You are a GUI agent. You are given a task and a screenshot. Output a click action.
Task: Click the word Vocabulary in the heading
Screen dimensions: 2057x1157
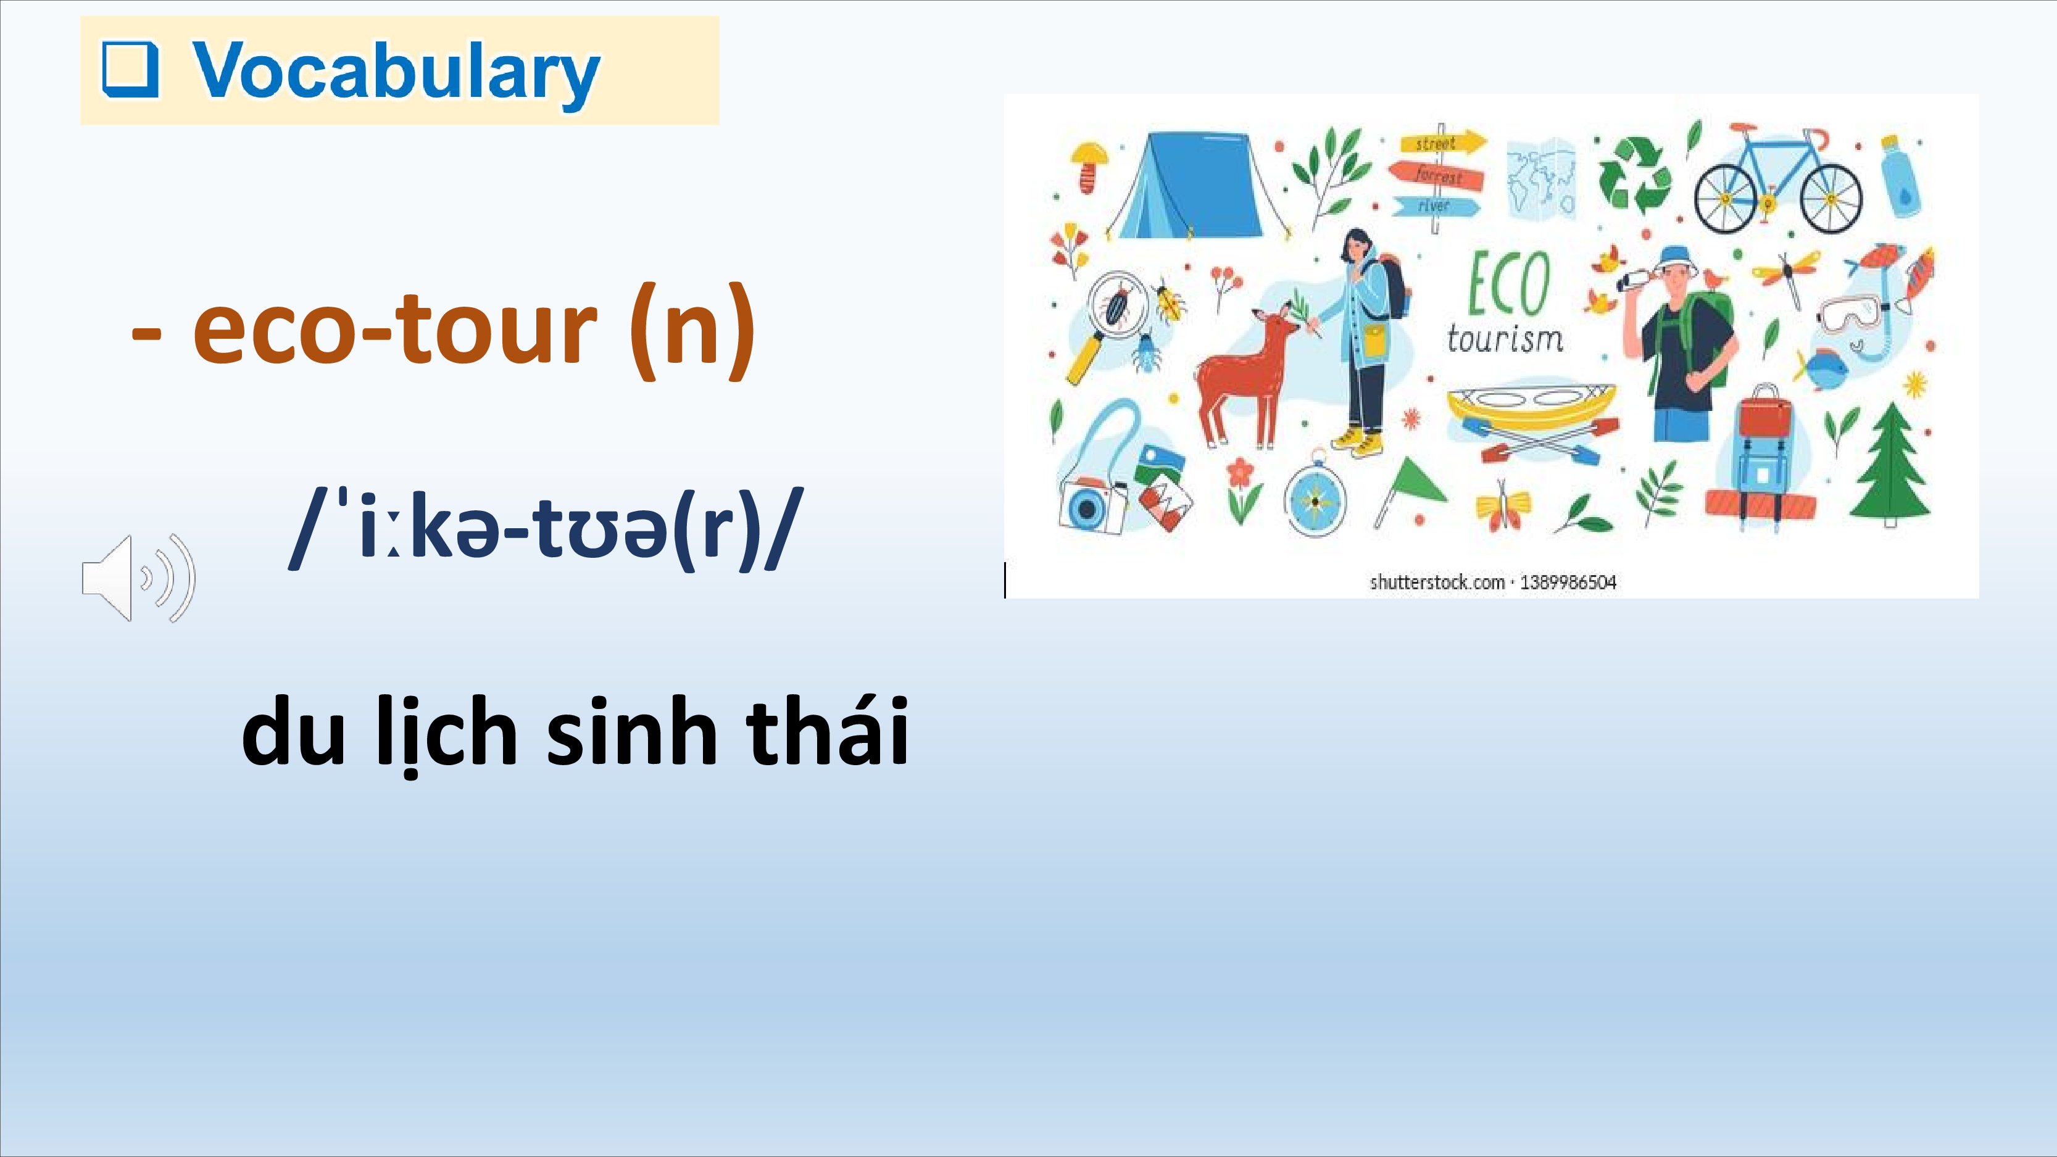pos(396,73)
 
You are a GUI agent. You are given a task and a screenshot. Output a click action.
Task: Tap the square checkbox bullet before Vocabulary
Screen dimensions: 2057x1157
pos(130,70)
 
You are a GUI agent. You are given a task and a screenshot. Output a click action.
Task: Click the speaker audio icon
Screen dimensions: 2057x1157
pos(138,578)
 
